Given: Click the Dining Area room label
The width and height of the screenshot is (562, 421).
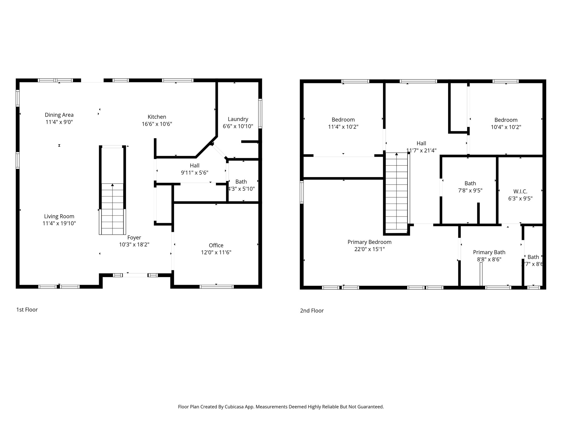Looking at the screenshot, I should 59,115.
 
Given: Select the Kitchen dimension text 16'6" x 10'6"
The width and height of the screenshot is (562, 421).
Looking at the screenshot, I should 157,124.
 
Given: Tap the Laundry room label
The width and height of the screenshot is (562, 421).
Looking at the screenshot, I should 238,119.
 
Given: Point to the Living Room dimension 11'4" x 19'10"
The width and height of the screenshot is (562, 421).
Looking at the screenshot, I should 59,223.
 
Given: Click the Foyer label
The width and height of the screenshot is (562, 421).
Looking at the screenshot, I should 134,238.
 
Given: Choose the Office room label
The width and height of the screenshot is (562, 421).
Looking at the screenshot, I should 216,245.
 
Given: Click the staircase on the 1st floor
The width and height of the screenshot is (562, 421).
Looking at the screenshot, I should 112,208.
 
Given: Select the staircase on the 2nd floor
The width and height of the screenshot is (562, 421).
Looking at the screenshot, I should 396,192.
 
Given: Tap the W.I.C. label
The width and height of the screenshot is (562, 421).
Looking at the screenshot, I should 520,191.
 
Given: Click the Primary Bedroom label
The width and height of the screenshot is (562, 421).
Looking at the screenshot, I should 369,242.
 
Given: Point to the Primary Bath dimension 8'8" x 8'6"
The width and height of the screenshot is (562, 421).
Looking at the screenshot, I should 489,259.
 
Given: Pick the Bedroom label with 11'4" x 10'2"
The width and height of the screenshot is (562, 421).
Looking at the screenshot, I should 343,120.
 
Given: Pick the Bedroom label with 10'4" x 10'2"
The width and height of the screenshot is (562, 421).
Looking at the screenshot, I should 506,120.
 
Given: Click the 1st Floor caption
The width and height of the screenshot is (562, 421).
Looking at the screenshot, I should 27,310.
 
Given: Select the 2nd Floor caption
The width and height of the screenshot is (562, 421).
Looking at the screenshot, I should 312,311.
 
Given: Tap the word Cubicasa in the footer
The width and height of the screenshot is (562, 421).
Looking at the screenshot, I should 235,407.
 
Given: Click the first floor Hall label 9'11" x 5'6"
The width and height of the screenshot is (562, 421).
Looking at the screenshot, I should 195,166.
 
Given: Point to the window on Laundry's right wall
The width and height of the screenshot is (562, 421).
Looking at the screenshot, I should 260,114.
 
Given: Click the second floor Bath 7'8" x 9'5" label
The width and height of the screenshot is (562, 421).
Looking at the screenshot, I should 470,183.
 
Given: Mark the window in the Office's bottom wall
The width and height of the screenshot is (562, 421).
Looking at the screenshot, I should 217,287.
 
